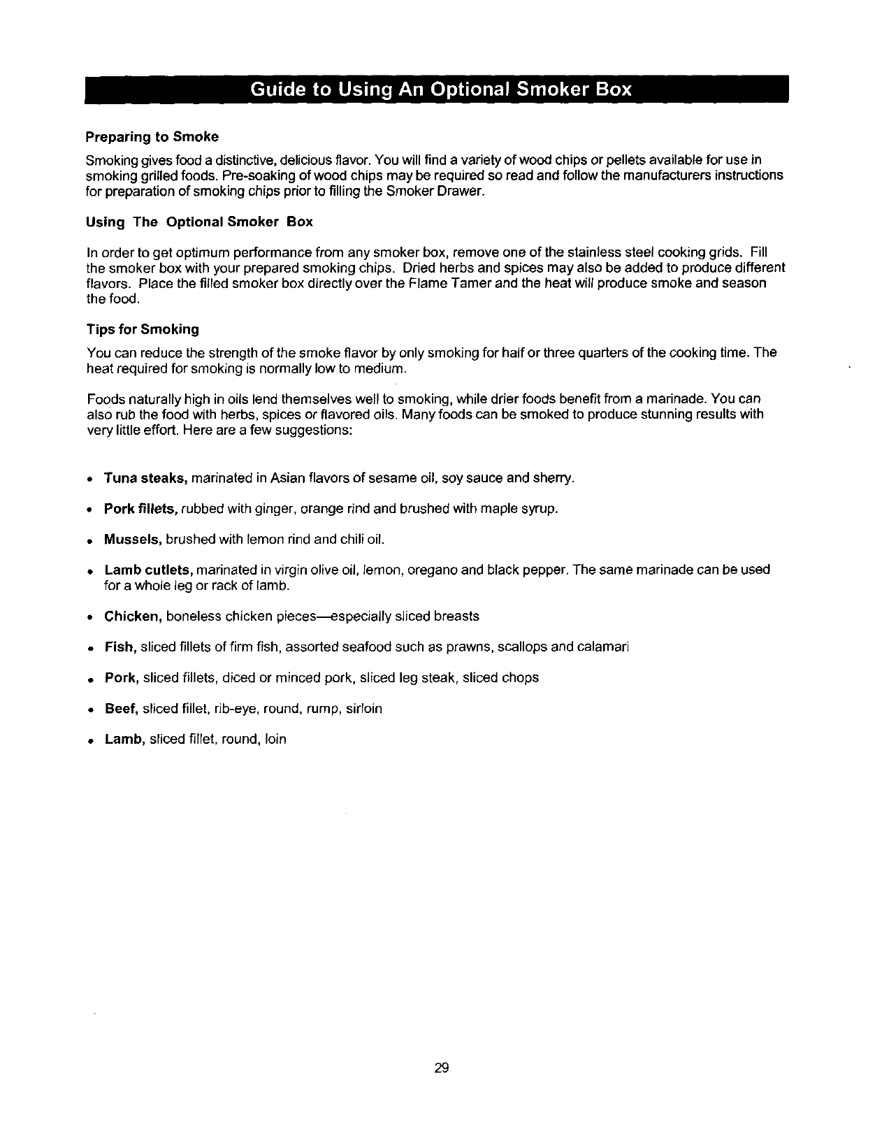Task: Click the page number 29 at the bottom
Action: [441, 1067]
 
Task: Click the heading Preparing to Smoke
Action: [152, 136]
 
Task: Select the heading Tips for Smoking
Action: [143, 329]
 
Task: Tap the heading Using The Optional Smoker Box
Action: [199, 222]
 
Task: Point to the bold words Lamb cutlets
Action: [149, 570]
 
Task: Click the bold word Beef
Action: [122, 708]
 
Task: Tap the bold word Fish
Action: [120, 647]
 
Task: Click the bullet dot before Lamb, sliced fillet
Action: [92, 740]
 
